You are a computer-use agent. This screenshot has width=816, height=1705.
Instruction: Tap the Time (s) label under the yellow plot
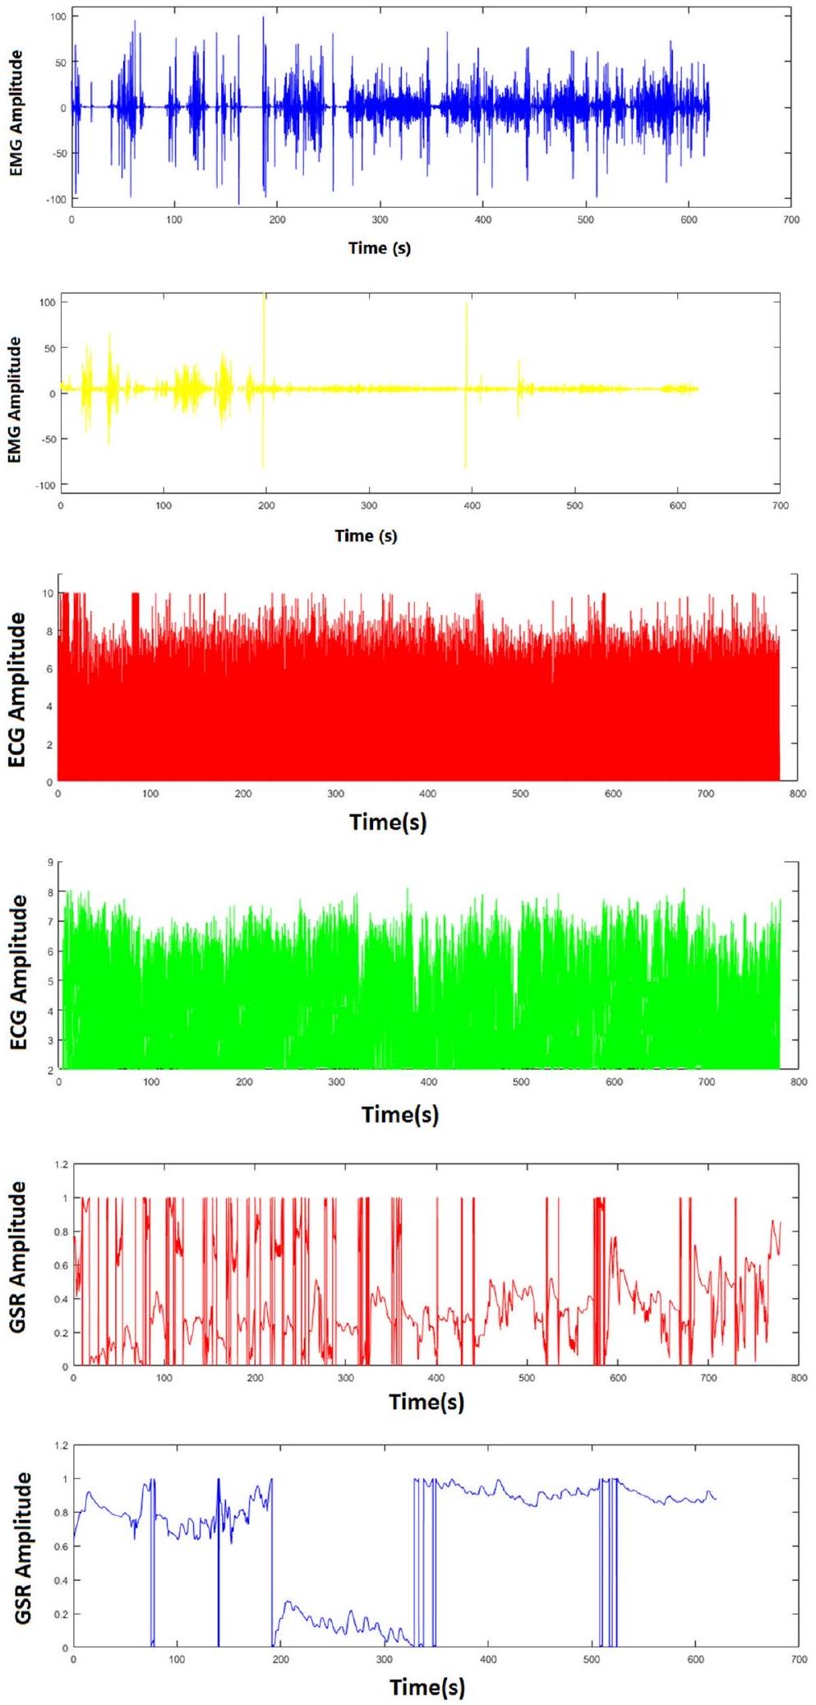pos(366,536)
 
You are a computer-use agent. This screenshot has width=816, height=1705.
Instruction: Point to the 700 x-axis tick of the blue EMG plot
pos(791,220)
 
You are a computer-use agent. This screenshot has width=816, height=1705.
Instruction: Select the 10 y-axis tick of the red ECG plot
pos(48,593)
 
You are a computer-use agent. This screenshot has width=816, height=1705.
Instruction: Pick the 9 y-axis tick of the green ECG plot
pos(50,862)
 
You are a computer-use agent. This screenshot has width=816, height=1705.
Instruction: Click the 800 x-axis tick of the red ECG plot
pos(797,794)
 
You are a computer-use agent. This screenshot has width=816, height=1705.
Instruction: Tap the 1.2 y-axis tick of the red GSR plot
pos(60,1164)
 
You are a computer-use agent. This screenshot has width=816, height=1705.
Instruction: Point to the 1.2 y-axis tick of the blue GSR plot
pos(60,1445)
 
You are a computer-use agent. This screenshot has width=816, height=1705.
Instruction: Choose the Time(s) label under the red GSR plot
pos(426,1402)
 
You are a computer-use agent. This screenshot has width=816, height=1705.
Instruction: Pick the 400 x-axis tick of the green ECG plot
pos(429,1082)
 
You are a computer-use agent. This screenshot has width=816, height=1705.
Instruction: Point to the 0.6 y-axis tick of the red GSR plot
pos(60,1265)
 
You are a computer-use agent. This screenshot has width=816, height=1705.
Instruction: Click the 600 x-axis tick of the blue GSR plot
pos(695,1660)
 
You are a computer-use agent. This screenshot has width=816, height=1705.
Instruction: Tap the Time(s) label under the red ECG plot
pos(388,822)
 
